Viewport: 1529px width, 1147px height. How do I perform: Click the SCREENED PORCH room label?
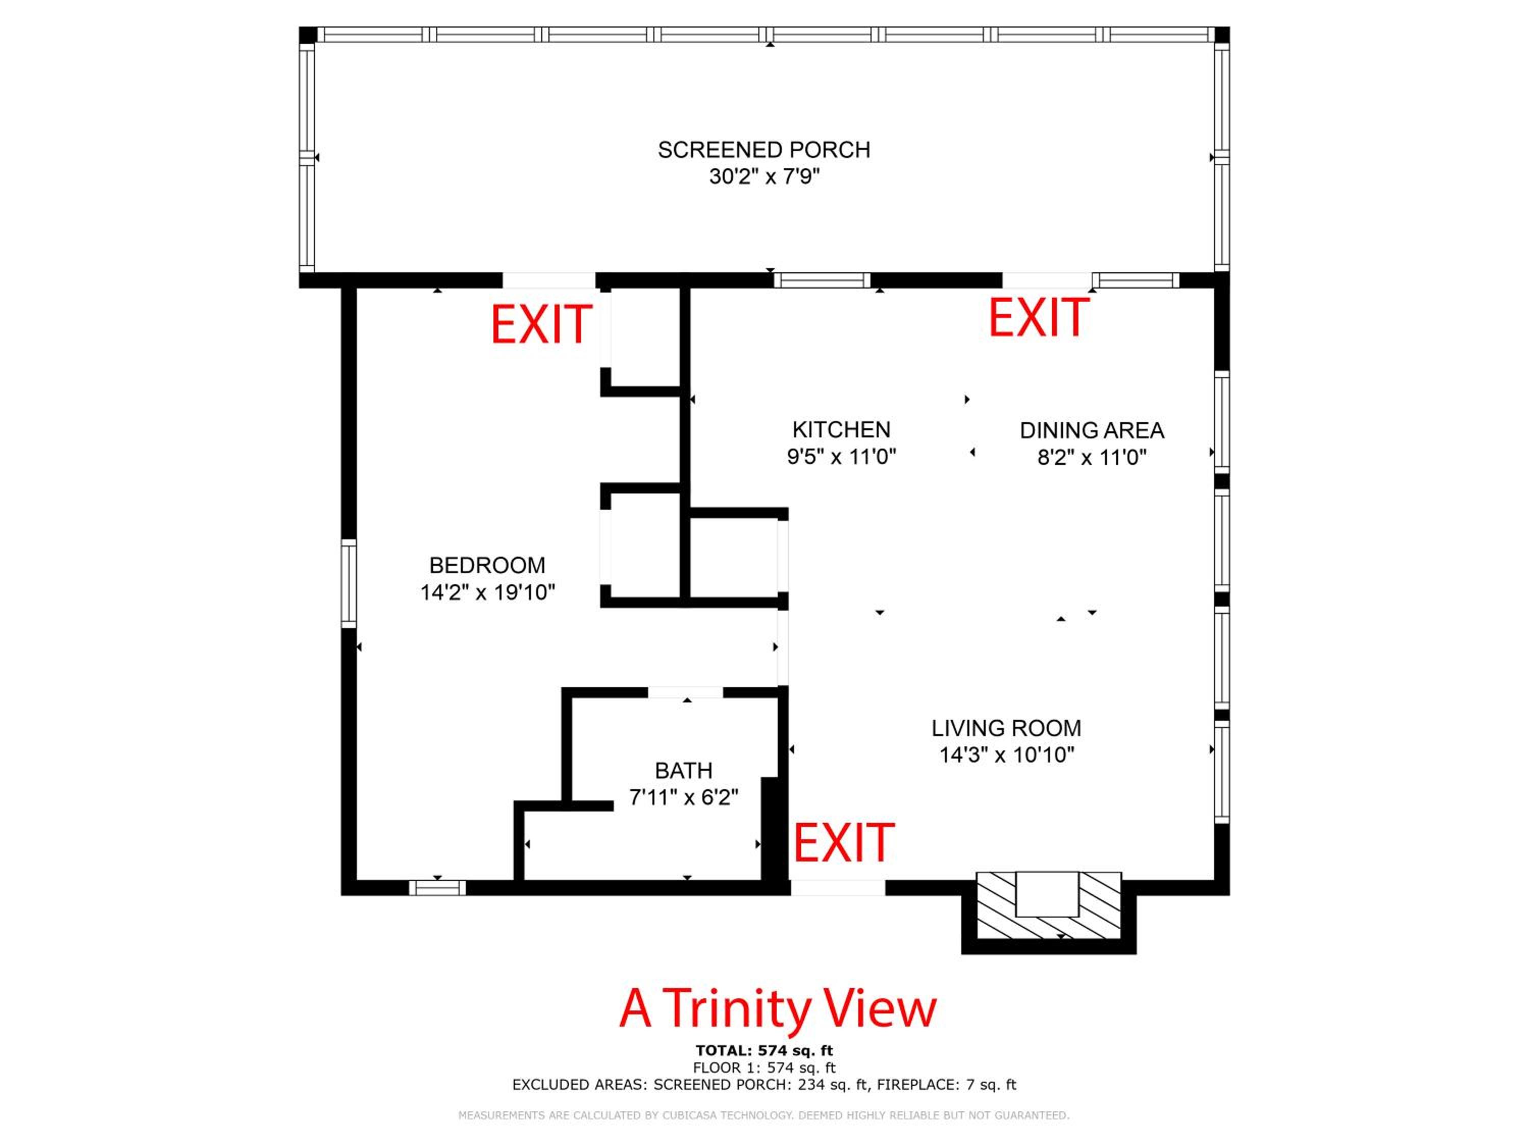[x=764, y=150]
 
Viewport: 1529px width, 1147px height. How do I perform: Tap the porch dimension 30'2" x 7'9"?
[x=764, y=177]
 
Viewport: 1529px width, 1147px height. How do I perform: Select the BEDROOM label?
[x=487, y=565]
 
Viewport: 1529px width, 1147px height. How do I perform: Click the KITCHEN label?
[x=841, y=430]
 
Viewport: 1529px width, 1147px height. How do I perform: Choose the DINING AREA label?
[x=1092, y=431]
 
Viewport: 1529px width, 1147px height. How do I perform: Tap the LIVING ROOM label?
[x=1007, y=728]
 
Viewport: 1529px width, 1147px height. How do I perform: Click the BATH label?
[x=683, y=771]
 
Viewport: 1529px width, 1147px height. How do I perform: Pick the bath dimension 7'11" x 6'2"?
[x=683, y=798]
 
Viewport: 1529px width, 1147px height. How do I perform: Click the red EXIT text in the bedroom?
[x=542, y=324]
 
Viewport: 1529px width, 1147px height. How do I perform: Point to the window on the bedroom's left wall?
[x=349, y=584]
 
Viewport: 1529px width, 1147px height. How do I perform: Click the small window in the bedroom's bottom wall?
[x=437, y=888]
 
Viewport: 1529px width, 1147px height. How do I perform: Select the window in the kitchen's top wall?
[x=822, y=280]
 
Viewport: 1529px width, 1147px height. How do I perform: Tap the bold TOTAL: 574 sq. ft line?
[x=765, y=1051]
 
